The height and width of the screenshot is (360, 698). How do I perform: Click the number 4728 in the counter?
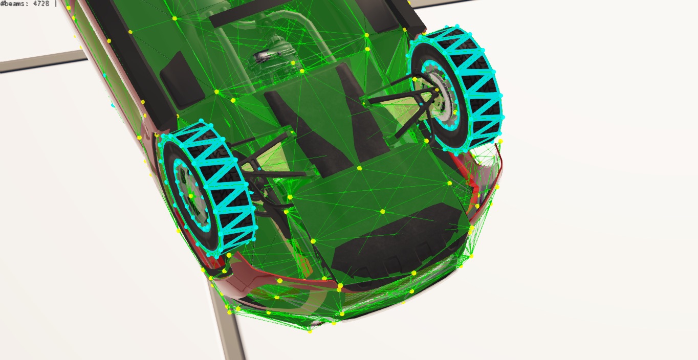point(41,3)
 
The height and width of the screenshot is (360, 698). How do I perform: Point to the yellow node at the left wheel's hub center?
point(191,196)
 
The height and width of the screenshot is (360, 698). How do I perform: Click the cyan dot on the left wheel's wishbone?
point(259,169)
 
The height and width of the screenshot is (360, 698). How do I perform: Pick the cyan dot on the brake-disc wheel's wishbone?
point(421,103)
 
